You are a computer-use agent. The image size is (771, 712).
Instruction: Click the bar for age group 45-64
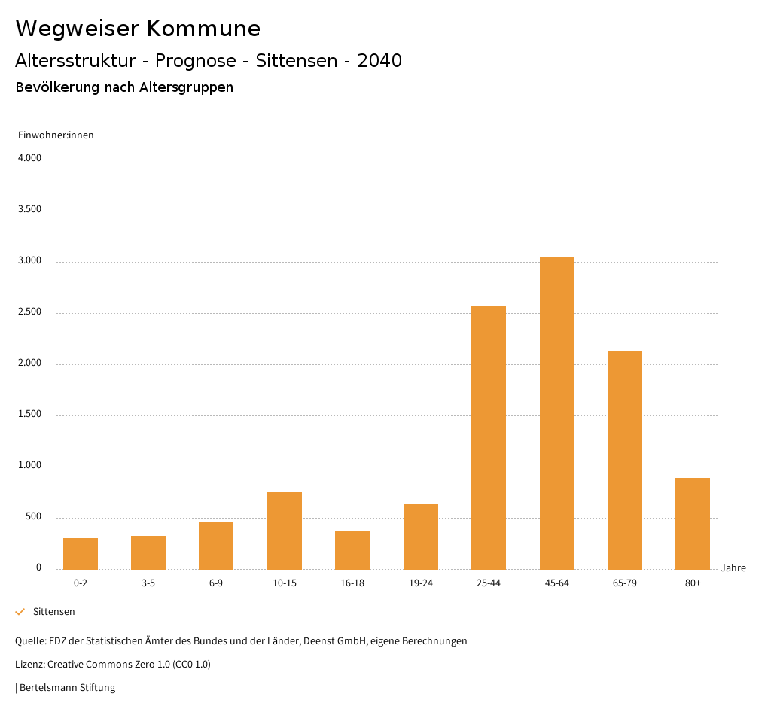click(x=557, y=413)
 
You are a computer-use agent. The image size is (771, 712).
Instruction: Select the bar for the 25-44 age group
click(x=489, y=437)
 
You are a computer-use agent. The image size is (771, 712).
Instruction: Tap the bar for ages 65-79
click(x=625, y=460)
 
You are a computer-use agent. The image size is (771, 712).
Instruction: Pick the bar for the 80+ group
click(x=693, y=524)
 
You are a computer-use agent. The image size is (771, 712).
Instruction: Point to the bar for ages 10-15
click(x=285, y=531)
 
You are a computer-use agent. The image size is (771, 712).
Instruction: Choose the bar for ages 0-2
click(x=81, y=554)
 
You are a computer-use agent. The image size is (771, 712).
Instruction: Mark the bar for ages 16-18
click(x=352, y=550)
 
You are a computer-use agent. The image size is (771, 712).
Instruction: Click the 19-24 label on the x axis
click(x=421, y=583)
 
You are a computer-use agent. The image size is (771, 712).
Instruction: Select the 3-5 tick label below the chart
click(x=148, y=583)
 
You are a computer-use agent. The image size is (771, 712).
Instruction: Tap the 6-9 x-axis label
click(x=216, y=583)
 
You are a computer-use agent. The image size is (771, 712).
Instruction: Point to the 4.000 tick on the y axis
click(x=30, y=159)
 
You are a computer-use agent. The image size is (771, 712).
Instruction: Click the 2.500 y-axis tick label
click(x=30, y=312)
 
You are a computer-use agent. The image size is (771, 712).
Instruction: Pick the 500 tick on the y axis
click(x=33, y=517)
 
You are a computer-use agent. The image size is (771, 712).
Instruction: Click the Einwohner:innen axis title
click(x=56, y=135)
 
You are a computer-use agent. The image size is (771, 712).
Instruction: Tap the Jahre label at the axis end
click(x=733, y=568)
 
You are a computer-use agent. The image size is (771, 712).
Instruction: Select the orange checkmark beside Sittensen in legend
click(x=20, y=612)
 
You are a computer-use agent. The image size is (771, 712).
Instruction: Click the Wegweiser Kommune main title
click(x=138, y=29)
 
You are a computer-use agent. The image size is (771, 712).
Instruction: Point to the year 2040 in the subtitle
click(x=379, y=61)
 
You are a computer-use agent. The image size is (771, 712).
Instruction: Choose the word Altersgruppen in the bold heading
click(x=186, y=87)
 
